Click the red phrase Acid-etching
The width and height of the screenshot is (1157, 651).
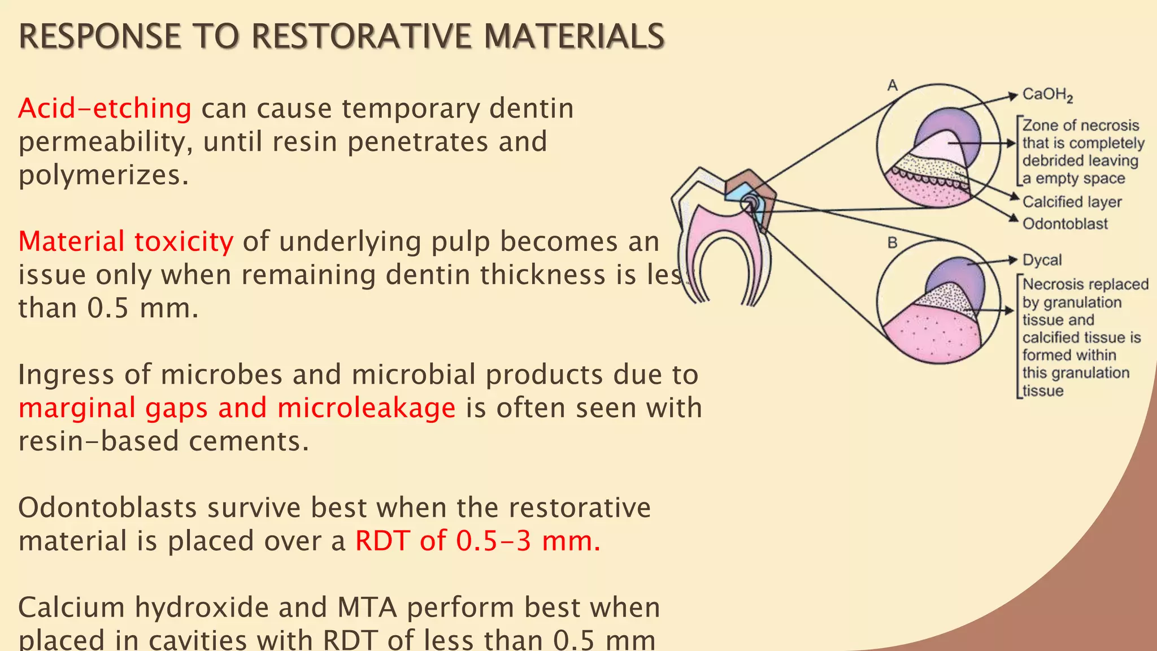coord(105,108)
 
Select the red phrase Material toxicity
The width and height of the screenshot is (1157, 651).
coord(125,242)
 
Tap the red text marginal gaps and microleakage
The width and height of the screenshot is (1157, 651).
coord(237,408)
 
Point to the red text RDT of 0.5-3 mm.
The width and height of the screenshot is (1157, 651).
coord(477,541)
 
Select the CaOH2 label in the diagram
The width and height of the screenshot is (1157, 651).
coord(1047,94)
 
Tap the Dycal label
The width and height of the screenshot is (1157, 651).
coord(1042,260)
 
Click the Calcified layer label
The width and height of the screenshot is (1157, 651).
coord(1072,202)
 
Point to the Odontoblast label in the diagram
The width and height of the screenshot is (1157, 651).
coord(1065,224)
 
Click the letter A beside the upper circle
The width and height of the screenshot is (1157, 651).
coord(892,85)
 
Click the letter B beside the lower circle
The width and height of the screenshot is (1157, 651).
coord(892,243)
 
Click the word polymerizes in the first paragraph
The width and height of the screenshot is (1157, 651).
coord(103,175)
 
